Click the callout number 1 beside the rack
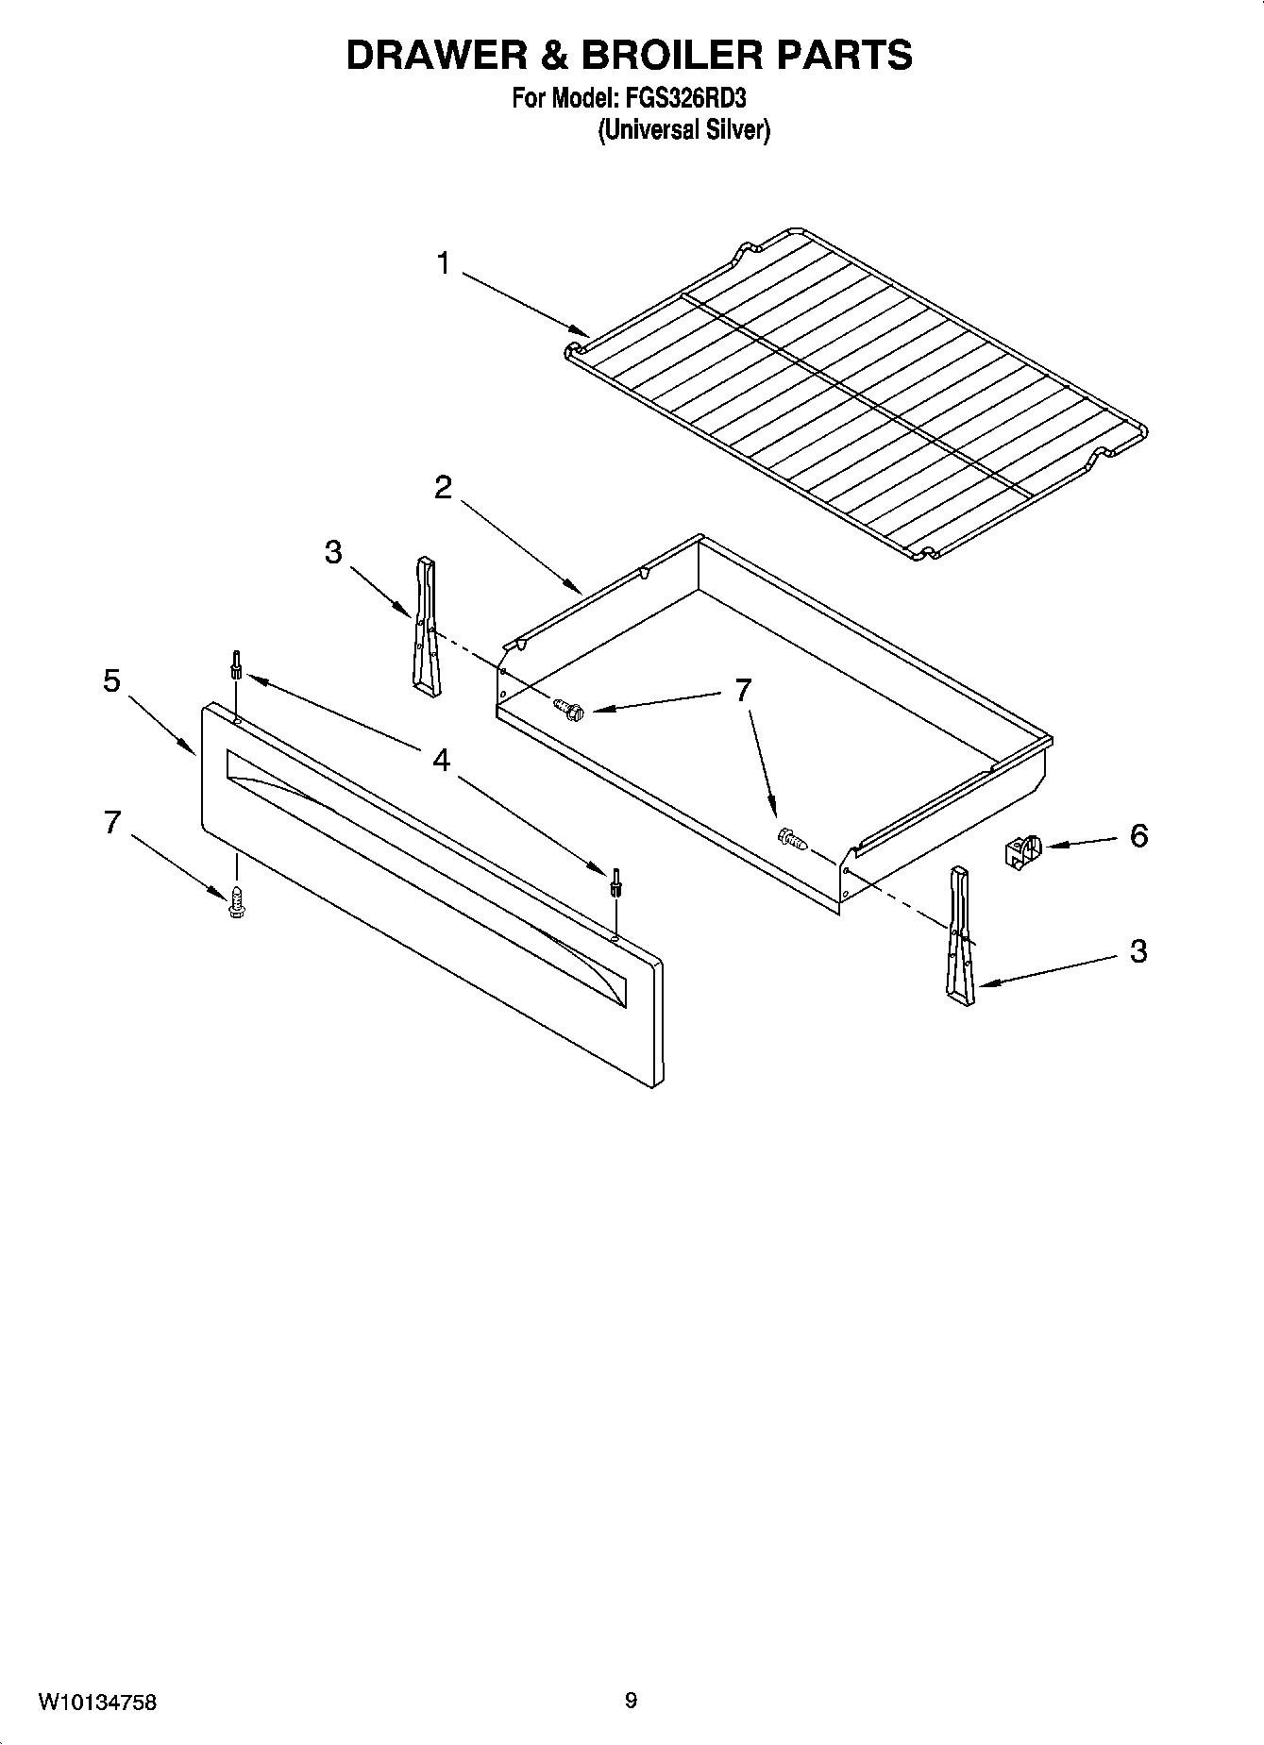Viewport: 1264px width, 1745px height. click(x=443, y=263)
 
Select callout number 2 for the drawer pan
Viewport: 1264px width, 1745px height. click(x=443, y=488)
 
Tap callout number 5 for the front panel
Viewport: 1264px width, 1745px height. click(x=112, y=680)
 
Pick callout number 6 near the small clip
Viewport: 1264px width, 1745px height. click(x=1138, y=835)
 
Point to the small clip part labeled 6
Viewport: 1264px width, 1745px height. click(x=1018, y=851)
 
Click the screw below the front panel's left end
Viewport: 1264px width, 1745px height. click(x=236, y=900)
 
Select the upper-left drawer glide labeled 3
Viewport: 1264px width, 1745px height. click(x=426, y=628)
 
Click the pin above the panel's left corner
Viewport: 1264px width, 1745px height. click(x=236, y=664)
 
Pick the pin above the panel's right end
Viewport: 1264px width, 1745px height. click(x=615, y=881)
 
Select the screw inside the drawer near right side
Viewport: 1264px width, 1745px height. click(x=791, y=837)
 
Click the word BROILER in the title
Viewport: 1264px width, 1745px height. click(x=669, y=55)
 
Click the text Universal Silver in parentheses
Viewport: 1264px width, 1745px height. click(x=683, y=130)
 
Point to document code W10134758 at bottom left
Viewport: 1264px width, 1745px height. click(x=97, y=1703)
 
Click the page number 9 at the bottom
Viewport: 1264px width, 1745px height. click(x=631, y=1701)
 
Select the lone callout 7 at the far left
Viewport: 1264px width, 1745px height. click(x=112, y=823)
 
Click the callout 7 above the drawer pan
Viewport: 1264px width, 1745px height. click(x=744, y=690)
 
